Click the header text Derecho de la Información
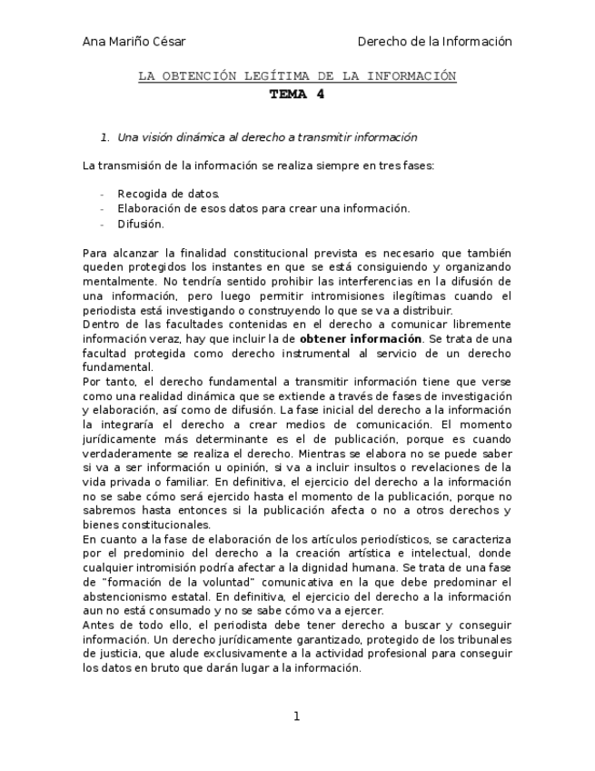point(434,42)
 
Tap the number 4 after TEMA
point(320,94)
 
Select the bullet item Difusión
point(141,224)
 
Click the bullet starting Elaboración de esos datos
point(263,208)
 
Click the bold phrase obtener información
point(360,338)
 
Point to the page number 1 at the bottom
point(296,716)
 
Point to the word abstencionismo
point(128,597)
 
